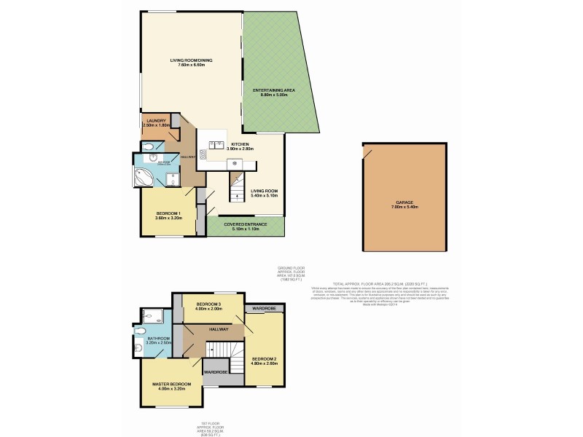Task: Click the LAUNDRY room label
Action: pyautogui.click(x=157, y=121)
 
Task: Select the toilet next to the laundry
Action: pyautogui.click(x=150, y=146)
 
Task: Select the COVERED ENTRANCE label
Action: pyautogui.click(x=246, y=224)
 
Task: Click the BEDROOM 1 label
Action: pyautogui.click(x=168, y=213)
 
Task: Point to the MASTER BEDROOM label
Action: pyautogui.click(x=172, y=384)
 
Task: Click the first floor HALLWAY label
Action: pyautogui.click(x=218, y=329)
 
